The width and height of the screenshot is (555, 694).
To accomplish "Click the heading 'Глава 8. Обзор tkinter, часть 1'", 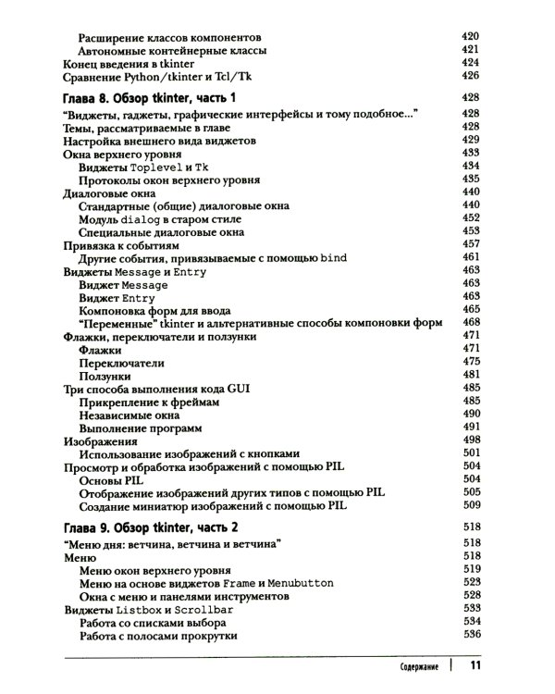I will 149,97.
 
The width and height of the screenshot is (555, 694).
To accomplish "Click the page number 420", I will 472,34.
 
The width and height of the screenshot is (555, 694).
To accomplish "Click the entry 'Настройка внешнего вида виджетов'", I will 159,142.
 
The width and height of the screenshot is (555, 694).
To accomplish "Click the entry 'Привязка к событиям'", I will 120,246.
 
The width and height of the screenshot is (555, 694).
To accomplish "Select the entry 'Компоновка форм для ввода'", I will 155,309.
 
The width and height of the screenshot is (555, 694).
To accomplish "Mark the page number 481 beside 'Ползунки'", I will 472,376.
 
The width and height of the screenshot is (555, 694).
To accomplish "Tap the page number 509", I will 472,506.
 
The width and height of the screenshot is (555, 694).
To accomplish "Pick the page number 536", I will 472,637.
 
